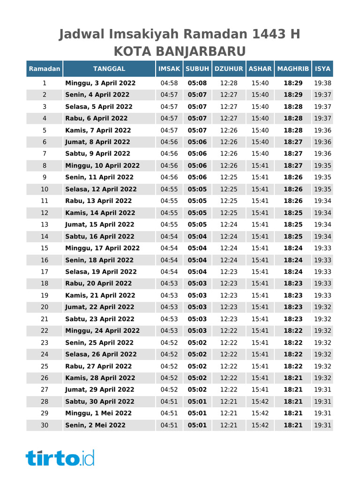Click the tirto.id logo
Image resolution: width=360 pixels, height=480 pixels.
[60, 457]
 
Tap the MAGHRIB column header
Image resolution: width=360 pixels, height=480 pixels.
[293, 69]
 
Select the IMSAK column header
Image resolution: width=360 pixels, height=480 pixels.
[169, 69]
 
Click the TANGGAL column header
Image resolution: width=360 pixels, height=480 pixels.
[109, 69]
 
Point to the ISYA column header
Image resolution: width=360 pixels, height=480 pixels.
[322, 69]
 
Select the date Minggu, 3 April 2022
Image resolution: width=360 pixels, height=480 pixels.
[100, 83]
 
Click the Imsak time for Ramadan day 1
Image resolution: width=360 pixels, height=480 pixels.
[169, 83]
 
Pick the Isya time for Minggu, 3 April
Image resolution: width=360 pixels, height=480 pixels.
[322, 83]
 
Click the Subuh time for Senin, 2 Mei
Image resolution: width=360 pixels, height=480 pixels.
[197, 425]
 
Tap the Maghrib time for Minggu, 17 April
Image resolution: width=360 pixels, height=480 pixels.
[293, 248]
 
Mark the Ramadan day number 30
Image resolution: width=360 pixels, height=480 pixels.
[45, 425]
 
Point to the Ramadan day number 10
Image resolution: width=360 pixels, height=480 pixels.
[45, 189]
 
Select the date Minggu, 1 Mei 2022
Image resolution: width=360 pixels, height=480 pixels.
[98, 413]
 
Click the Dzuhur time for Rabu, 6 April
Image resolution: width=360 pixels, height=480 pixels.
[229, 119]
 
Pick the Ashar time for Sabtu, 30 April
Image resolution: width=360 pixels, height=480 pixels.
[260, 402]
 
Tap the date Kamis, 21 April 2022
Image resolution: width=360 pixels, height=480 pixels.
[100, 295]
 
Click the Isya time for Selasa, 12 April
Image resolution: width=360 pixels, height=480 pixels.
[322, 189]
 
